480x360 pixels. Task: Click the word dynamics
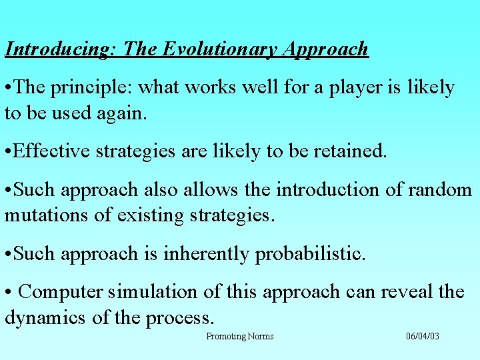[x=46, y=317]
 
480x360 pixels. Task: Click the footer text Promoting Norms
[x=239, y=336]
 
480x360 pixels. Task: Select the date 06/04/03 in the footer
[x=423, y=336]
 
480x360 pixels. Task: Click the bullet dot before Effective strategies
[x=7, y=151]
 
